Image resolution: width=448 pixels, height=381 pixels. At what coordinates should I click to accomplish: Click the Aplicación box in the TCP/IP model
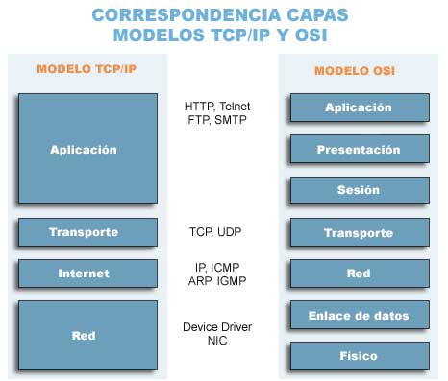[x=83, y=150]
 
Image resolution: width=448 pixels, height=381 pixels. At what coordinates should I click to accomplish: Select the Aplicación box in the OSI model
[x=358, y=108]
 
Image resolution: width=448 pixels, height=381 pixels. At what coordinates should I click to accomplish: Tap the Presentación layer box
[x=358, y=150]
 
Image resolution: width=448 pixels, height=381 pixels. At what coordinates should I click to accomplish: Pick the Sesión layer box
[x=358, y=190]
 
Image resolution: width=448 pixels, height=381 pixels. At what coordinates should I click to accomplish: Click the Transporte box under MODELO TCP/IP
[x=83, y=232]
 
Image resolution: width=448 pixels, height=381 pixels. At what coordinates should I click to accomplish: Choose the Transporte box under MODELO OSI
[x=358, y=233]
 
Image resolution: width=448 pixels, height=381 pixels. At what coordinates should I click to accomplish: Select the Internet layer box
[x=83, y=274]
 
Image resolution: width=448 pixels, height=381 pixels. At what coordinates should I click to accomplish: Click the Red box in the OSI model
[x=358, y=274]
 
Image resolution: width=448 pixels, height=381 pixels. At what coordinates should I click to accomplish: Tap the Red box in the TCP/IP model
[x=83, y=336]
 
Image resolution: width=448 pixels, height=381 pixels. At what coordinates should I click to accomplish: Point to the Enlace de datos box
[x=358, y=315]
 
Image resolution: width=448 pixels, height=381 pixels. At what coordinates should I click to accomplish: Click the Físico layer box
[x=358, y=355]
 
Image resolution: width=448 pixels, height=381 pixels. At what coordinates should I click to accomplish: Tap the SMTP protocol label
[x=230, y=121]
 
